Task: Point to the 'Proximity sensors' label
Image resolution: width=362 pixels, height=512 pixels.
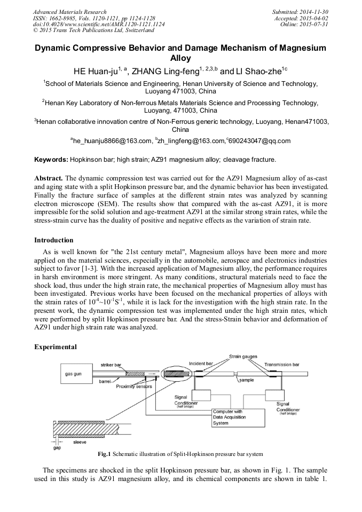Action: tap(134, 386)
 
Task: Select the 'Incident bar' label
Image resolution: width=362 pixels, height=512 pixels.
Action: tap(201, 364)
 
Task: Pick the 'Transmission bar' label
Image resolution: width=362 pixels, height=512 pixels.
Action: tap(282, 365)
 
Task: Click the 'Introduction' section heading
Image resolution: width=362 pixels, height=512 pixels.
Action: tap(54, 240)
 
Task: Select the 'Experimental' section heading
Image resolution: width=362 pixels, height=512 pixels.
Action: tap(56, 347)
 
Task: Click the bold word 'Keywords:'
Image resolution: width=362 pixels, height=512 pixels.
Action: tap(51, 159)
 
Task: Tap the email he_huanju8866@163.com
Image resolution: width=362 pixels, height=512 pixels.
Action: tap(112, 141)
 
